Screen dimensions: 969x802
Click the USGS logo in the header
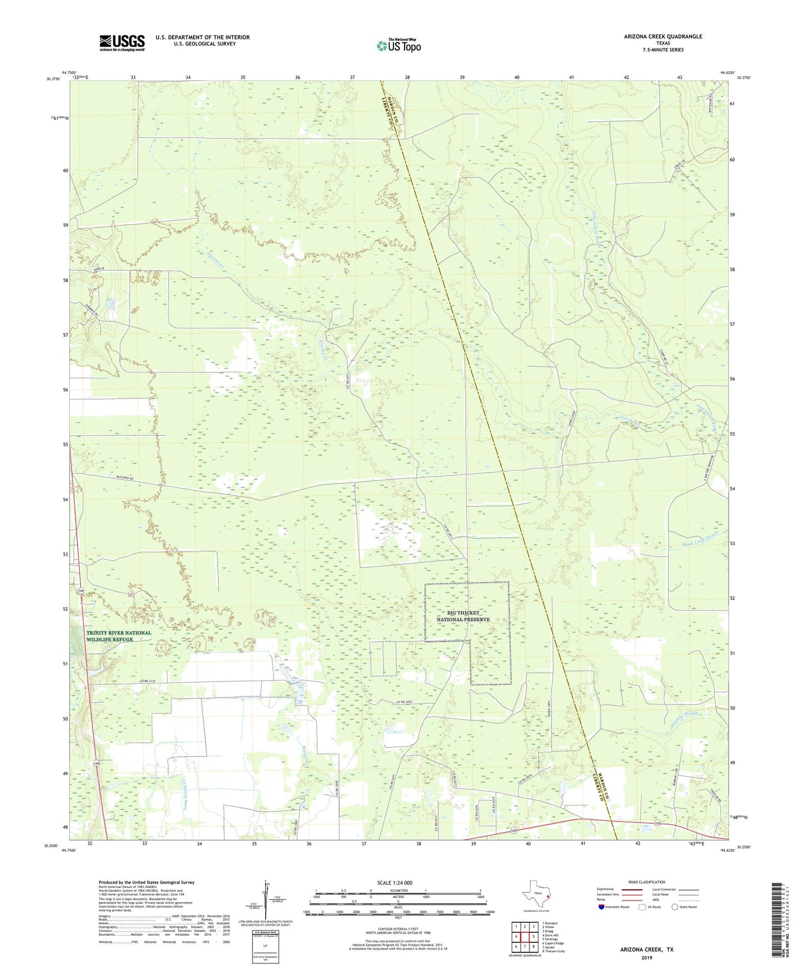coord(122,43)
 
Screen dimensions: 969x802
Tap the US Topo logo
coord(398,45)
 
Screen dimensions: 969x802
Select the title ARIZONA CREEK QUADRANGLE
coord(655,37)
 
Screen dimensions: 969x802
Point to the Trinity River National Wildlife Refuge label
coord(118,636)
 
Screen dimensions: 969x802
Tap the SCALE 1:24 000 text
coord(395,882)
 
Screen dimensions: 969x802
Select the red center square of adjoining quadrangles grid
coord(524,936)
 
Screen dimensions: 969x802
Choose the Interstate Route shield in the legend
coord(602,907)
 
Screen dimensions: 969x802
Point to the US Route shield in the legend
coord(642,907)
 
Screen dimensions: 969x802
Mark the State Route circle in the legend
coord(674,907)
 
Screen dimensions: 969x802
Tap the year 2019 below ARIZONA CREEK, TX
coord(646,957)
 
